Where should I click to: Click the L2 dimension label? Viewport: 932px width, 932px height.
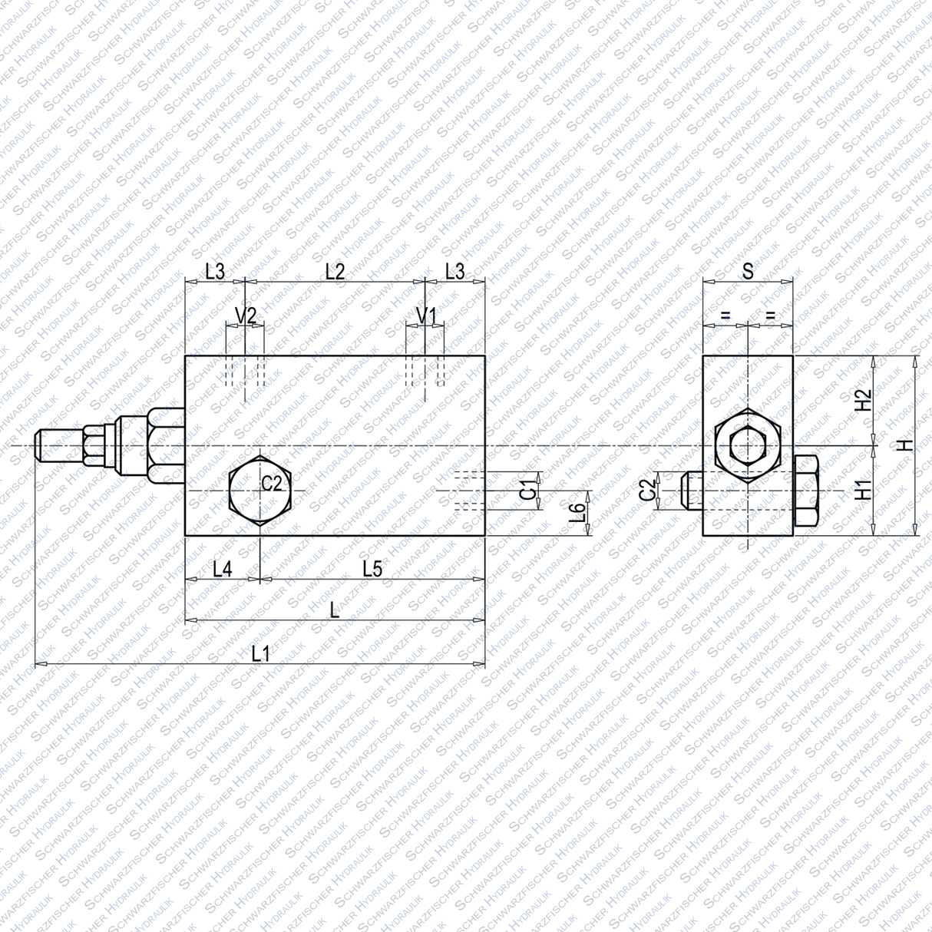335,271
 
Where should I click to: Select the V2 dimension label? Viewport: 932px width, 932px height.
246,316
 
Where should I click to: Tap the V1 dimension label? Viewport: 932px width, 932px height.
426,316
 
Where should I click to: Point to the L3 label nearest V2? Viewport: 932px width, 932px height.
215,271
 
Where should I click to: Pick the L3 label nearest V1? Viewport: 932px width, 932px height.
455,271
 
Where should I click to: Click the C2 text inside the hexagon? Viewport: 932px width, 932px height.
272,484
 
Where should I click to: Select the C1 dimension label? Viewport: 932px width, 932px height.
527,489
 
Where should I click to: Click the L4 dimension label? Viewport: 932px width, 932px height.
223,569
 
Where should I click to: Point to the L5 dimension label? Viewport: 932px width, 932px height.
372,569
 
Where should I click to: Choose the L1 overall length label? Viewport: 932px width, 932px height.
261,654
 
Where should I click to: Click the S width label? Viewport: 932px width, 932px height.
748,271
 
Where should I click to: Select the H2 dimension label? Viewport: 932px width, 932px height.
864,400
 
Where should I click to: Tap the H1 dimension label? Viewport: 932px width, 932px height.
864,490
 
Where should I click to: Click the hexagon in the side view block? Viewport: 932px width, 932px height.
747,445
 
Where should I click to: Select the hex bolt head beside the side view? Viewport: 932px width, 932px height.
806,491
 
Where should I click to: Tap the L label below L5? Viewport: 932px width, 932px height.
334,610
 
